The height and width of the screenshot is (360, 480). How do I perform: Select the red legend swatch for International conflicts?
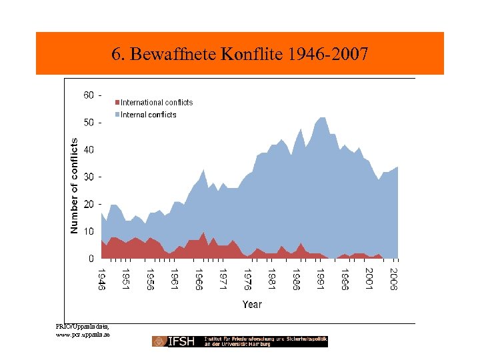tap(117, 103)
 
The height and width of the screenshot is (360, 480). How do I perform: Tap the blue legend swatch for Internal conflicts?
tap(117, 115)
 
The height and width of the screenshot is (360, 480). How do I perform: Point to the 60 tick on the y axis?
tap(89, 95)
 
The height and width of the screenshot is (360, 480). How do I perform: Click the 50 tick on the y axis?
tap(89, 123)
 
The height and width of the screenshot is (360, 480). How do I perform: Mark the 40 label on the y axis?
tap(89, 150)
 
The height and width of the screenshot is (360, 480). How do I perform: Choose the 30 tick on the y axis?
tap(89, 177)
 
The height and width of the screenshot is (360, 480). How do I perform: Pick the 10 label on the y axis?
tap(89, 231)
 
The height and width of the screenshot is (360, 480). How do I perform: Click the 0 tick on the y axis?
tap(91, 258)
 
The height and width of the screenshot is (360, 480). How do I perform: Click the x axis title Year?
tap(252, 305)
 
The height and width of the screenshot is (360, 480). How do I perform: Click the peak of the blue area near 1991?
tap(322, 118)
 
